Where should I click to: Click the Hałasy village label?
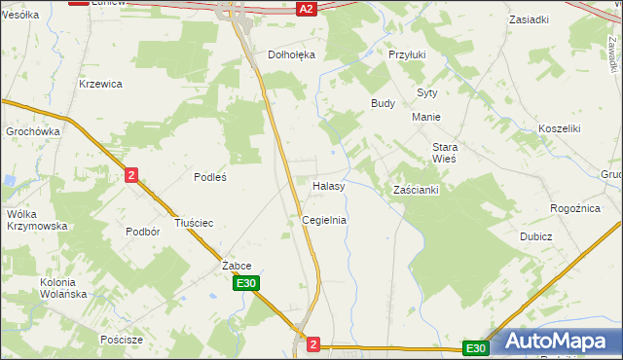(x=329, y=185)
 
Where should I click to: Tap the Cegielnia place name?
(x=324, y=220)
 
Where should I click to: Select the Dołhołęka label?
(x=292, y=54)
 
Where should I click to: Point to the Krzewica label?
(x=100, y=84)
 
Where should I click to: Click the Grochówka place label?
(x=33, y=130)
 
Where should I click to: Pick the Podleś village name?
(x=210, y=176)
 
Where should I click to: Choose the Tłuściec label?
(x=193, y=223)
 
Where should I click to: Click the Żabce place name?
(x=237, y=265)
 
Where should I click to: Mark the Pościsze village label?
(x=122, y=340)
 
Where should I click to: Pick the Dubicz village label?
(x=535, y=236)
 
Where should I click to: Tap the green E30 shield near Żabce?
(x=246, y=283)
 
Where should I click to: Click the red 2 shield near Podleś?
(x=131, y=174)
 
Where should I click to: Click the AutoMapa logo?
(x=554, y=342)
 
